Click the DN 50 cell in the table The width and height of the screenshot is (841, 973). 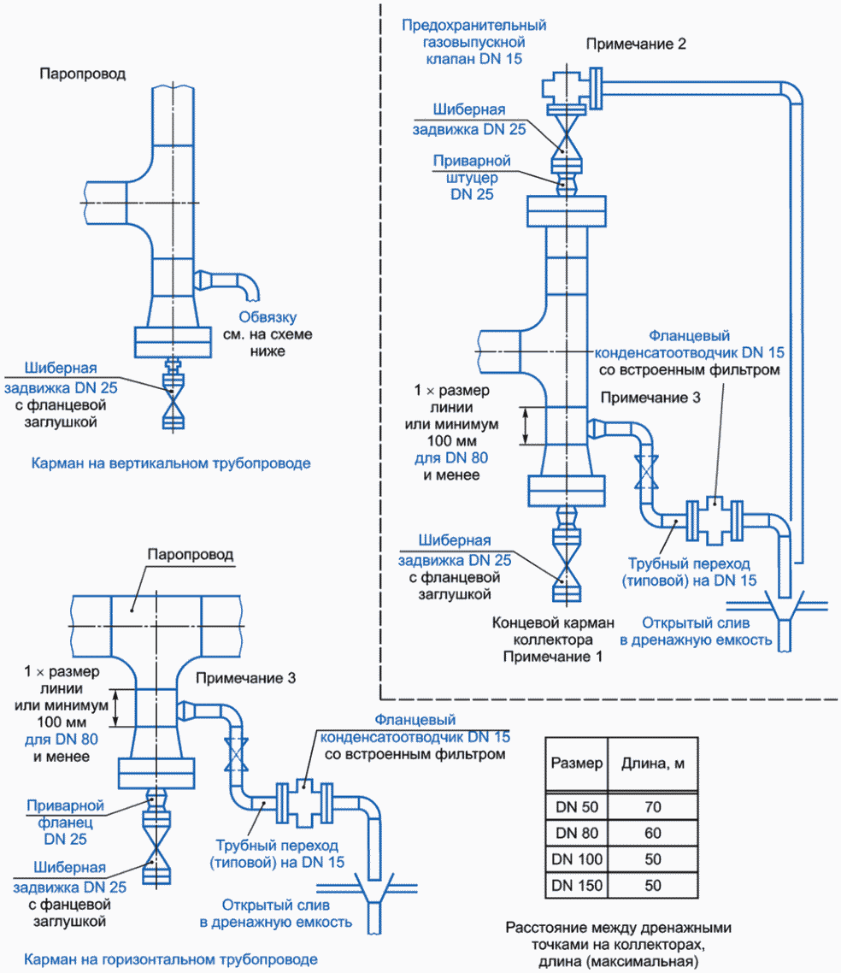578,806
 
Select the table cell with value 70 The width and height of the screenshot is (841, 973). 653,806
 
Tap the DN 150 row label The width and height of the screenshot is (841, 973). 578,885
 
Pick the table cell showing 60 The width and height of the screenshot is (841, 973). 653,832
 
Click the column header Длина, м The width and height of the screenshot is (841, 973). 653,763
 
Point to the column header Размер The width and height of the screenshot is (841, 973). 578,763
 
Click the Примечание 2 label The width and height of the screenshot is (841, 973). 636,43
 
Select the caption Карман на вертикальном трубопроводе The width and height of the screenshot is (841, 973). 171,463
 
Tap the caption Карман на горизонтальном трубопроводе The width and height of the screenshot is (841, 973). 171,959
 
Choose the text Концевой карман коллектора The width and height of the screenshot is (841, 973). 553,631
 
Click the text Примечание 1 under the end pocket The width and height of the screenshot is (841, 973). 553,657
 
